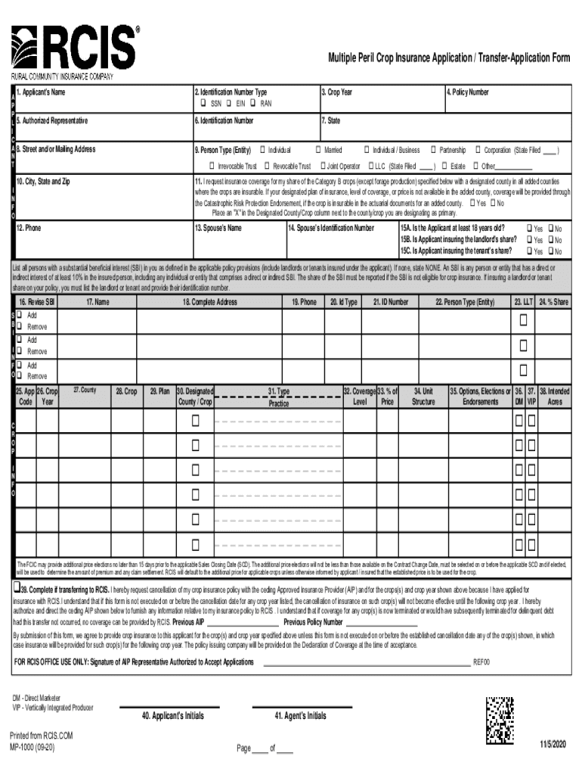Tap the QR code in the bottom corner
(501, 719)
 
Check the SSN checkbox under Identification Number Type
(203, 104)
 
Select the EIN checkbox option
(228, 104)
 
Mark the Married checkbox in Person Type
(318, 150)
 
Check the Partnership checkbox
(434, 150)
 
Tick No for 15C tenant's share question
(550, 251)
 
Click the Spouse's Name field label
(218, 228)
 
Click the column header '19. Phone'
(305, 302)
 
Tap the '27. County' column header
(84, 390)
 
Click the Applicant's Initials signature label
(173, 716)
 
